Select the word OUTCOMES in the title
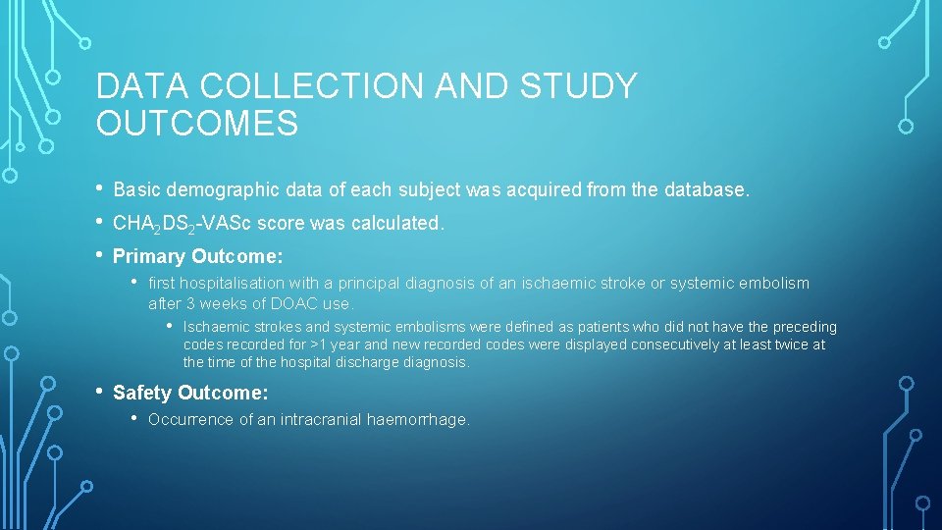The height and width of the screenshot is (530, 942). click(197, 124)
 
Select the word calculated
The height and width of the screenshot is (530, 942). click(397, 223)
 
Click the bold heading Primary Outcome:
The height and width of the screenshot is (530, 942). click(198, 256)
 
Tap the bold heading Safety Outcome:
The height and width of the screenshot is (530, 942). click(190, 393)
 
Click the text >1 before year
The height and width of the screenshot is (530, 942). click(321, 344)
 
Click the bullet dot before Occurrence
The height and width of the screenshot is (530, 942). click(135, 419)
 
